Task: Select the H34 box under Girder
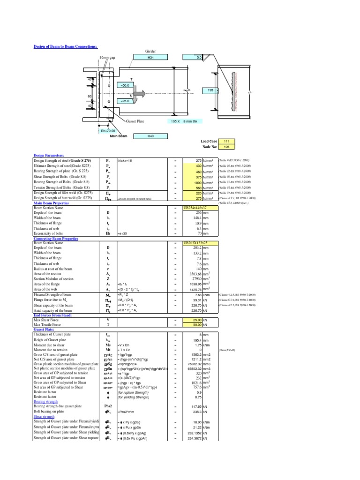[150, 58]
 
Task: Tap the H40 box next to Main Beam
[150, 136]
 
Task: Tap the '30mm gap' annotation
[106, 58]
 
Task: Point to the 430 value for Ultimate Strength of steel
[197, 165]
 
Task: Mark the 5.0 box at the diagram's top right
[199, 58]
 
